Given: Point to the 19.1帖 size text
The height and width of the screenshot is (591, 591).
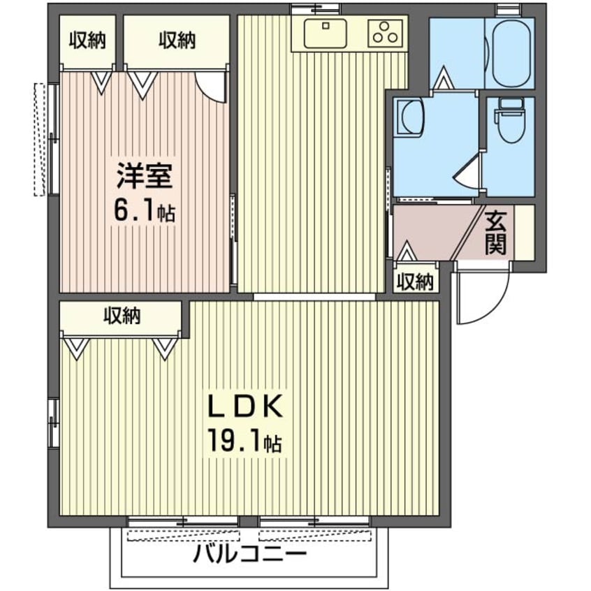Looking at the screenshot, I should [244, 442].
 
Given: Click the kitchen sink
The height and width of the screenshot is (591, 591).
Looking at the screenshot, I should [326, 32].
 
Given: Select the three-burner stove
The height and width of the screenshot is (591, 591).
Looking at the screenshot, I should [384, 32].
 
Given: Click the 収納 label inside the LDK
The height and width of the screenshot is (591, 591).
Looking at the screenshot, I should [122, 316].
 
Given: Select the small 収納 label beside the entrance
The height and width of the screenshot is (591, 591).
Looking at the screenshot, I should [415, 282].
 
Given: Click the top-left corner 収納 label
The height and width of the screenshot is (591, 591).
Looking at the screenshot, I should [87, 41].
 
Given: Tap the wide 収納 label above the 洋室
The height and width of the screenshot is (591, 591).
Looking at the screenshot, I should [177, 41].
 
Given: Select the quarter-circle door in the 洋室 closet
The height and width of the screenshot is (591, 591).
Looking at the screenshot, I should [210, 87].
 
